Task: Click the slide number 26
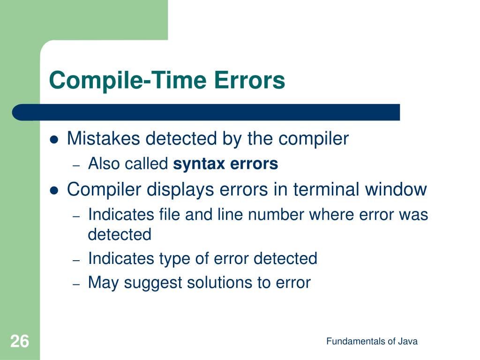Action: tap(19, 341)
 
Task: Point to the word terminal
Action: tap(326, 190)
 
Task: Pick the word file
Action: tap(169, 215)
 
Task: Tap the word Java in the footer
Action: tap(407, 342)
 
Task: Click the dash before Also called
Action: tap(77, 165)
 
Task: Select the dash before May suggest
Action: tap(77, 284)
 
